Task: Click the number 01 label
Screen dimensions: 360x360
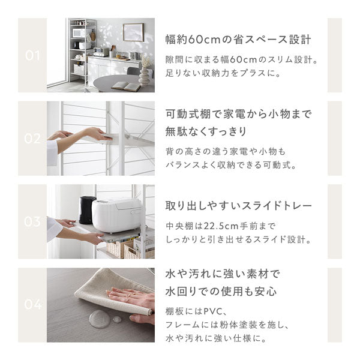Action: click(32, 56)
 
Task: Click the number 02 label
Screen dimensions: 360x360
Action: click(32, 139)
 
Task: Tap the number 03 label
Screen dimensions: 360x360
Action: click(32, 221)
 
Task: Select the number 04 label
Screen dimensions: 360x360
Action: click(32, 305)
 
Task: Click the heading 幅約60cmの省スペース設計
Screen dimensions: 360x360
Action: click(238, 41)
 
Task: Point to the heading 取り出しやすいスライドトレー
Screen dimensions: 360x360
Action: click(238, 206)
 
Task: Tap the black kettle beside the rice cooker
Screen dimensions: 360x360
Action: click(88, 209)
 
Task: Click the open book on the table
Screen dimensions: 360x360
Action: click(125, 86)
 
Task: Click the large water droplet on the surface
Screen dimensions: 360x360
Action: click(99, 319)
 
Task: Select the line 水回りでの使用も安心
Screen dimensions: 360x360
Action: click(220, 292)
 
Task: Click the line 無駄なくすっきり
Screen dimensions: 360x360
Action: click(208, 130)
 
